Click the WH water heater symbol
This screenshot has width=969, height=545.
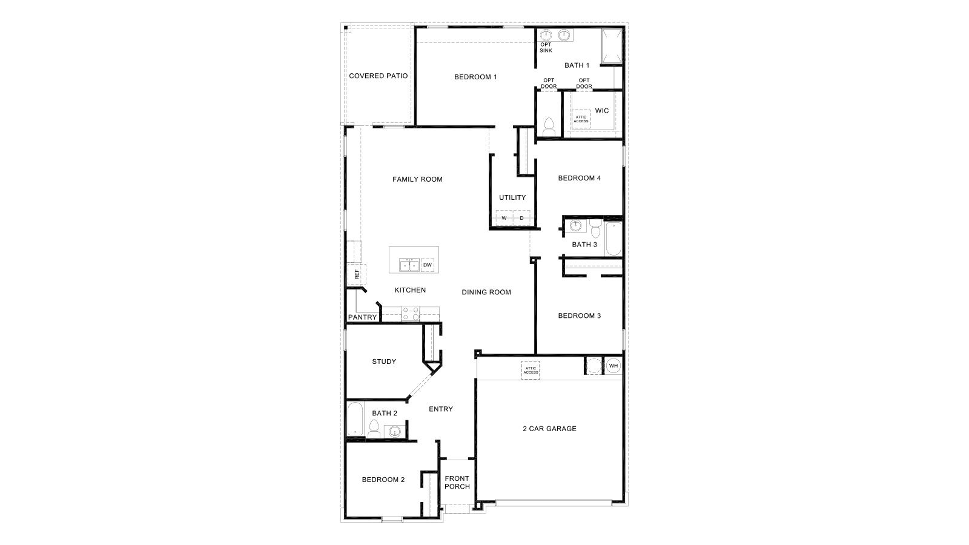[613, 366]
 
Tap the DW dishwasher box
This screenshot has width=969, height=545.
[428, 265]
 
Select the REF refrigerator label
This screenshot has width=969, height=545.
[357, 274]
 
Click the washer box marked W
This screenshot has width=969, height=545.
[504, 218]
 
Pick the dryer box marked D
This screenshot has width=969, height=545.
[521, 218]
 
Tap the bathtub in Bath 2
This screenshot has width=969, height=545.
[354, 419]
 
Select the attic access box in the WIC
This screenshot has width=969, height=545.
[581, 119]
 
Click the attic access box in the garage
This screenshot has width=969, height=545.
[531, 370]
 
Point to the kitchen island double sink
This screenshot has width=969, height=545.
[409, 265]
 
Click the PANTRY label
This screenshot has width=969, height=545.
[363, 317]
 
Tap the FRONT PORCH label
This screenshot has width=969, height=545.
[457, 482]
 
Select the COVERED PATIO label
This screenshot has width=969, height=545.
[379, 76]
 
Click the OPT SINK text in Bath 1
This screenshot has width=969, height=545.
[546, 47]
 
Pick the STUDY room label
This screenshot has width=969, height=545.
[384, 362]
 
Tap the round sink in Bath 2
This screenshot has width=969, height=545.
[394, 432]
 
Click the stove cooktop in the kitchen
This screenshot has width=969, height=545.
[411, 313]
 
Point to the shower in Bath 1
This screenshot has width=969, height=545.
[611, 45]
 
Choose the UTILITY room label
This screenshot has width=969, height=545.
[512, 197]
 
